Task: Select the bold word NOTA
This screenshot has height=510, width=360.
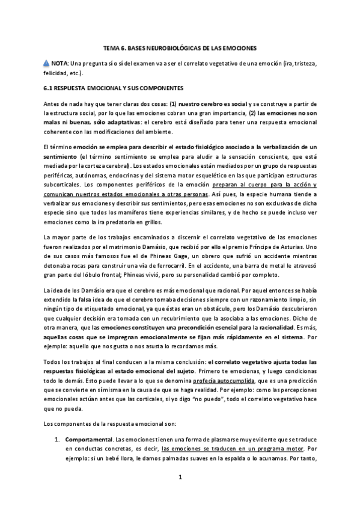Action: click(59, 63)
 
